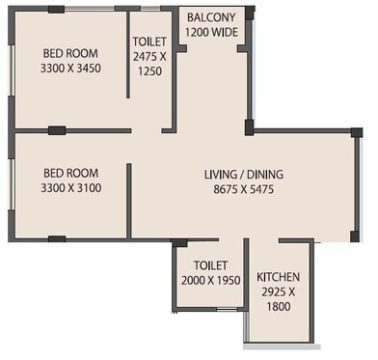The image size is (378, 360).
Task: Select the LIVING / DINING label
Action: (244, 175)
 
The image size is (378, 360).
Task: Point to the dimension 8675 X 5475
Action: (244, 189)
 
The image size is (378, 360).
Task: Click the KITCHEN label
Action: (278, 277)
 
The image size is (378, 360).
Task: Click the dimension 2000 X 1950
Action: (209, 280)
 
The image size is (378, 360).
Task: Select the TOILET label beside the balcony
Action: (149, 43)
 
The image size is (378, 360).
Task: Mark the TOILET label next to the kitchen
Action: (209, 265)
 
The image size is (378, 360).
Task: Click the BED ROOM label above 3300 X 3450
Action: (69, 53)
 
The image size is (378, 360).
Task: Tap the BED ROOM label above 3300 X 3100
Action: (68, 173)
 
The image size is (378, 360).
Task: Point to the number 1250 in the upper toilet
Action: (149, 70)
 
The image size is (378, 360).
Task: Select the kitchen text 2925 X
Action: (278, 291)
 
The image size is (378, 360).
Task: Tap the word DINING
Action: (265, 175)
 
